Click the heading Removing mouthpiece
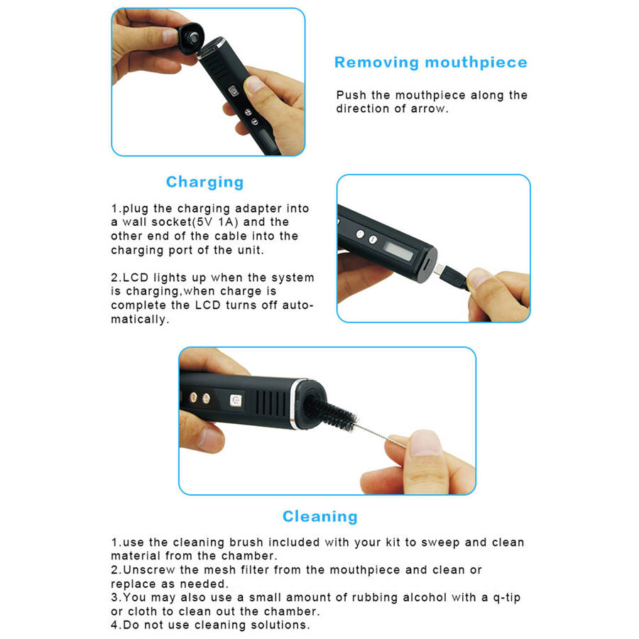[431, 62]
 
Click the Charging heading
[205, 182]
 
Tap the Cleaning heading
[320, 516]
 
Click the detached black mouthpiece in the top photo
[191, 38]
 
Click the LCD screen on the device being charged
[399, 251]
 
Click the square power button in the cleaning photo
[236, 400]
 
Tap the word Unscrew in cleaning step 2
[149, 569]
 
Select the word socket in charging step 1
[172, 222]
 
